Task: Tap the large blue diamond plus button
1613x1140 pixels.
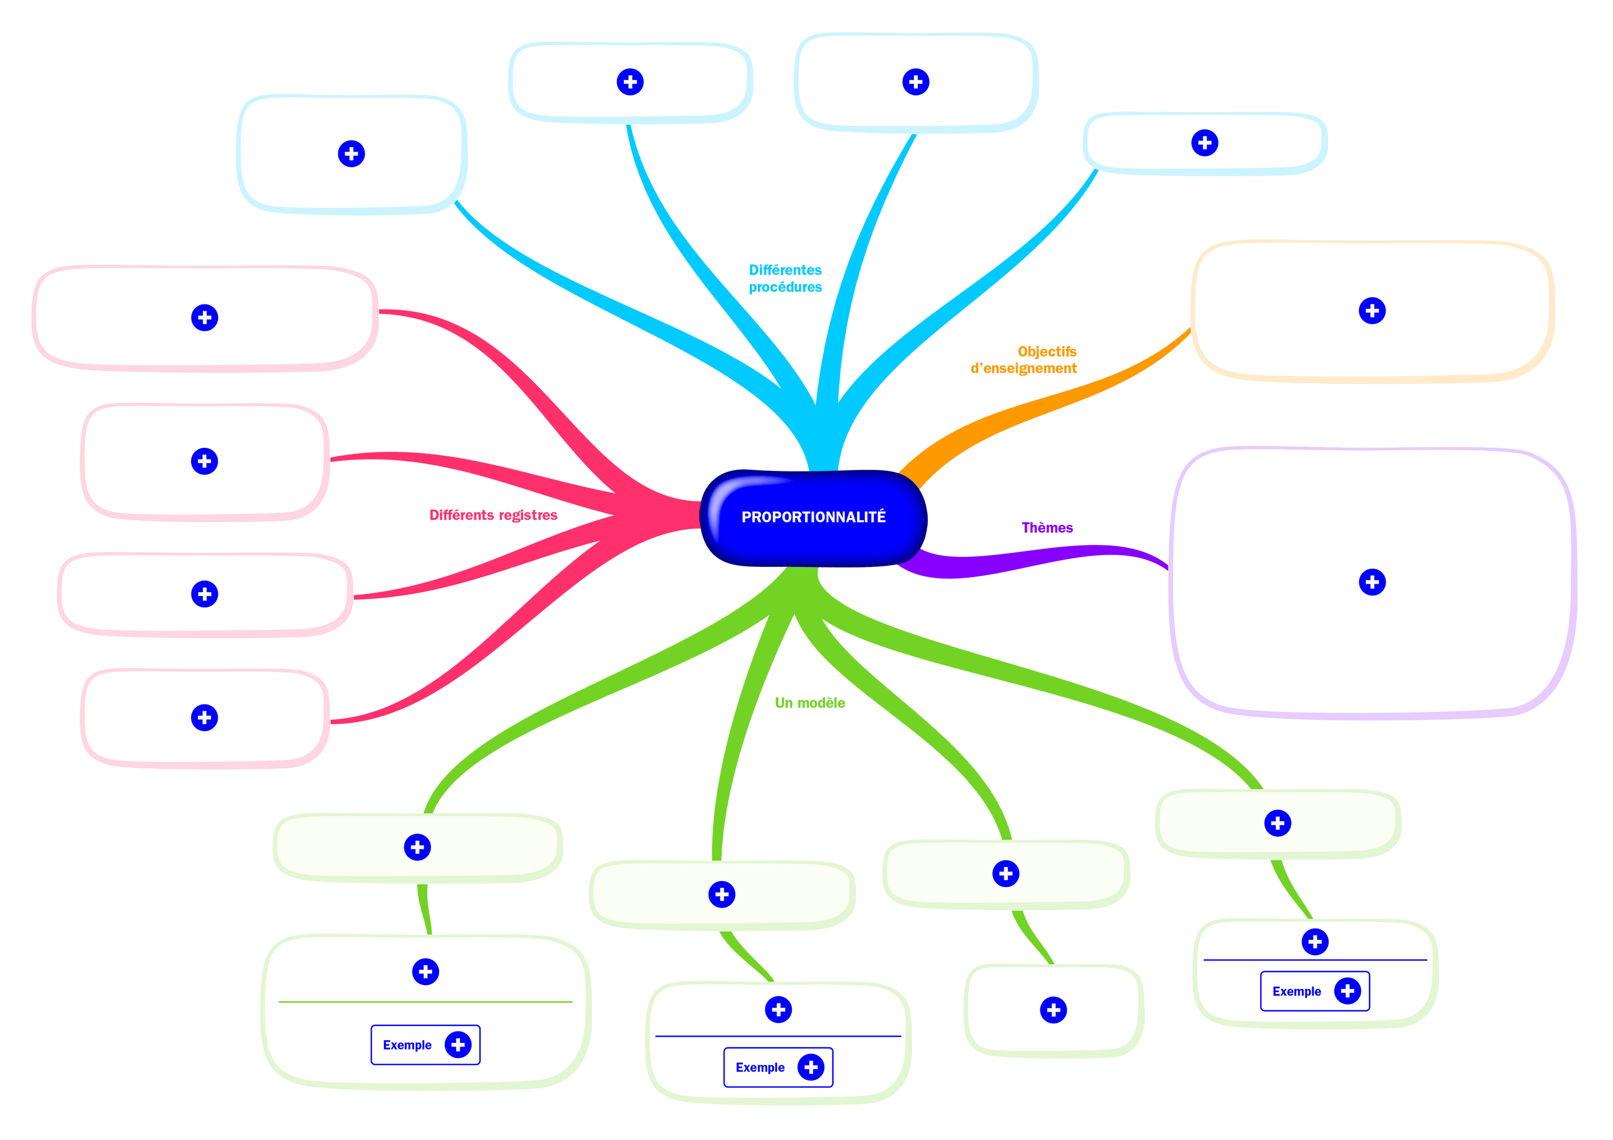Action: pos(351,153)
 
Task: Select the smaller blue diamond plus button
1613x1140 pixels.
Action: pos(1204,143)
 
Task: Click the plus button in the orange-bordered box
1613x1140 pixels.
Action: pos(1371,311)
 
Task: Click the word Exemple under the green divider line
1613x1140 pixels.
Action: pos(407,1045)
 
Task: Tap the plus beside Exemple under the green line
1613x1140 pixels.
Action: pos(458,1045)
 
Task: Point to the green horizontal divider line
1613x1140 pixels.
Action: pos(425,1002)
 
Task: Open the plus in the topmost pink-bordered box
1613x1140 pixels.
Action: pos(205,317)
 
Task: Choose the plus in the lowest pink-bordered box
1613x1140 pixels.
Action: pos(205,717)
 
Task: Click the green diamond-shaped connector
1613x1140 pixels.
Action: pos(424,910)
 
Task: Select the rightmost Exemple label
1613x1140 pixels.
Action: pos(1296,991)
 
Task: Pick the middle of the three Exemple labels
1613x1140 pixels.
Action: pos(759,1068)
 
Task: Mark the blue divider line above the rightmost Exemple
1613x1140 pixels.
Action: pos(1315,960)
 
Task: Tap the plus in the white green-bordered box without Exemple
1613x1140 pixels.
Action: pos(1053,1010)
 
